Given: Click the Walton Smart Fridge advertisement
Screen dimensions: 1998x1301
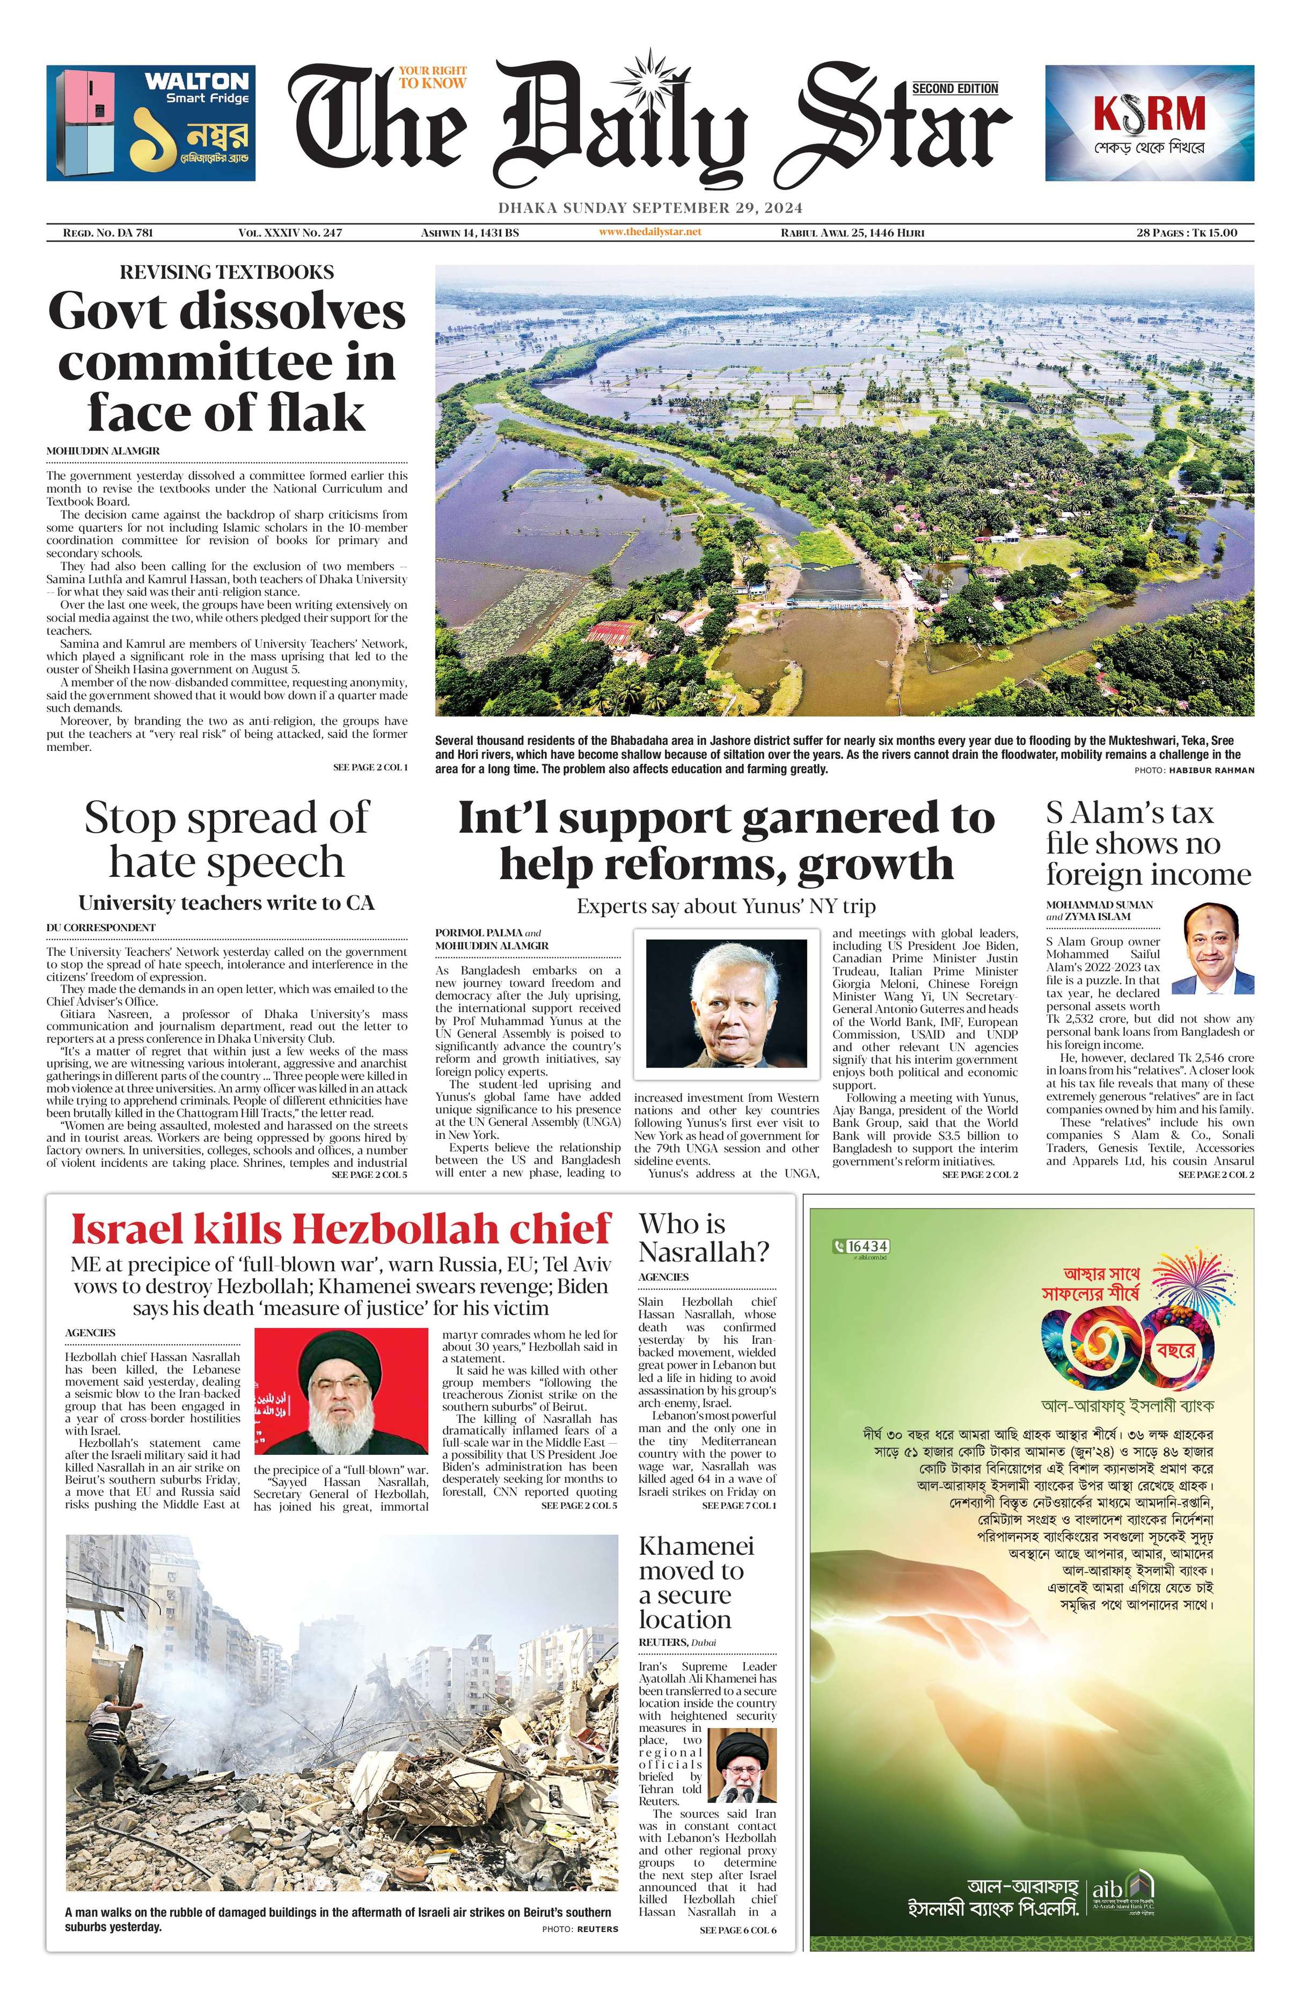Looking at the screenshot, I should pos(151,123).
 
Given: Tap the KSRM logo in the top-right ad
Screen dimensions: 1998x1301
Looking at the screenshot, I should pos(1149,114).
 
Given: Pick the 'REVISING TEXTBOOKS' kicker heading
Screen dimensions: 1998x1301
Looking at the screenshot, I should pos(226,272).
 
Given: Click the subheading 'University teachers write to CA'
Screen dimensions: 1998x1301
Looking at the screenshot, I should pos(226,903).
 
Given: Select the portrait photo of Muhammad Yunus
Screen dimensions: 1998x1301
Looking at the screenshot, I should pos(726,1003).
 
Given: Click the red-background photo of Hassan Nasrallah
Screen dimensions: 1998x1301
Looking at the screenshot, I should pos(341,1391).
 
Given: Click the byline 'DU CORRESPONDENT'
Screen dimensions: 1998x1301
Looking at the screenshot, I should pos(101,928).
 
